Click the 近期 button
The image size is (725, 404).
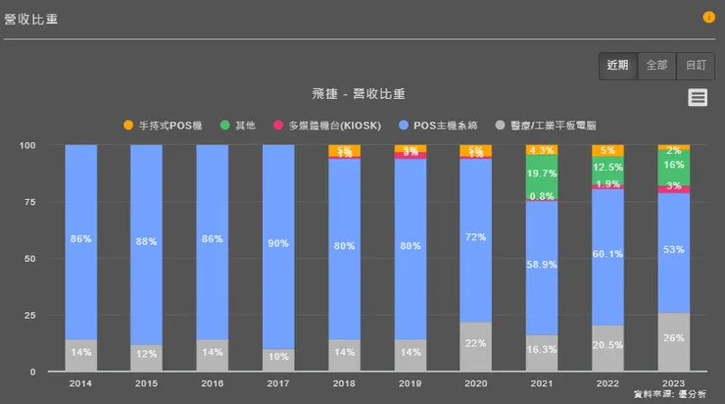click(x=617, y=66)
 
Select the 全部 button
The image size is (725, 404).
click(x=656, y=66)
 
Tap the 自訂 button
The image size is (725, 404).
click(x=695, y=66)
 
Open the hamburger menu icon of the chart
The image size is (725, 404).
click(x=698, y=96)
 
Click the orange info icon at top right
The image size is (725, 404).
click(x=708, y=18)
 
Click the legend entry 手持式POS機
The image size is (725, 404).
click(x=162, y=126)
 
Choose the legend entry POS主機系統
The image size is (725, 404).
click(x=442, y=126)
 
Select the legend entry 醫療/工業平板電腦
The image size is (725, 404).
click(x=554, y=126)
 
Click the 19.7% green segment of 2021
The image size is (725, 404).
click(x=542, y=174)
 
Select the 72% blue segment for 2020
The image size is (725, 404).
click(x=476, y=238)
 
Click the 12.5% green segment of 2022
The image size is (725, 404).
click(x=607, y=168)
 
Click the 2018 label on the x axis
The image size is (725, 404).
click(x=344, y=383)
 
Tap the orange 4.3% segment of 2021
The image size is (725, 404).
click(x=542, y=150)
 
